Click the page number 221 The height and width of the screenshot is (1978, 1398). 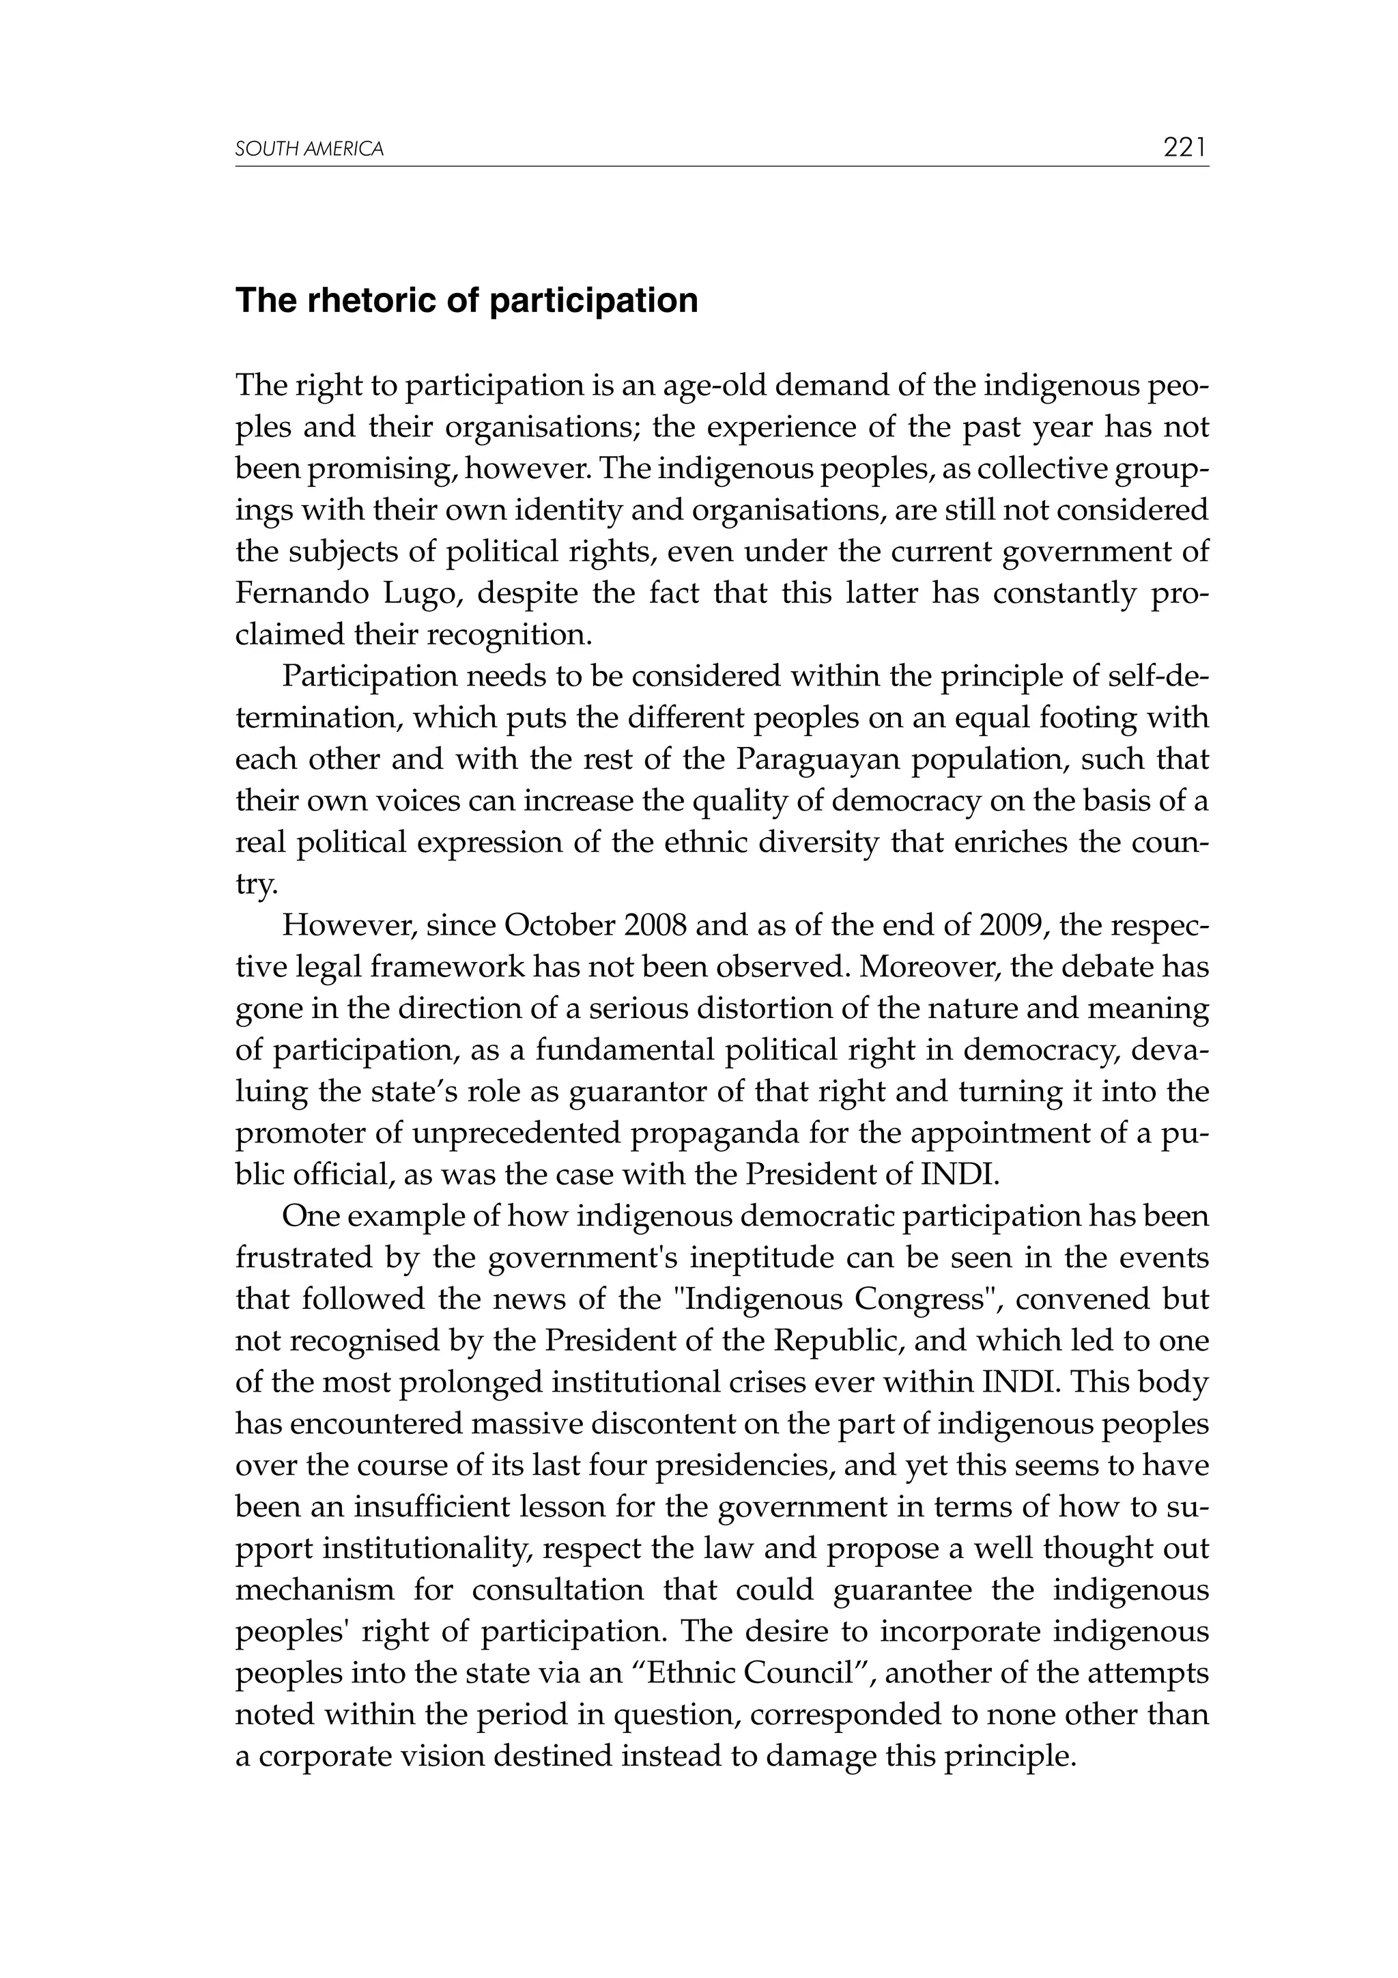point(1185,148)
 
